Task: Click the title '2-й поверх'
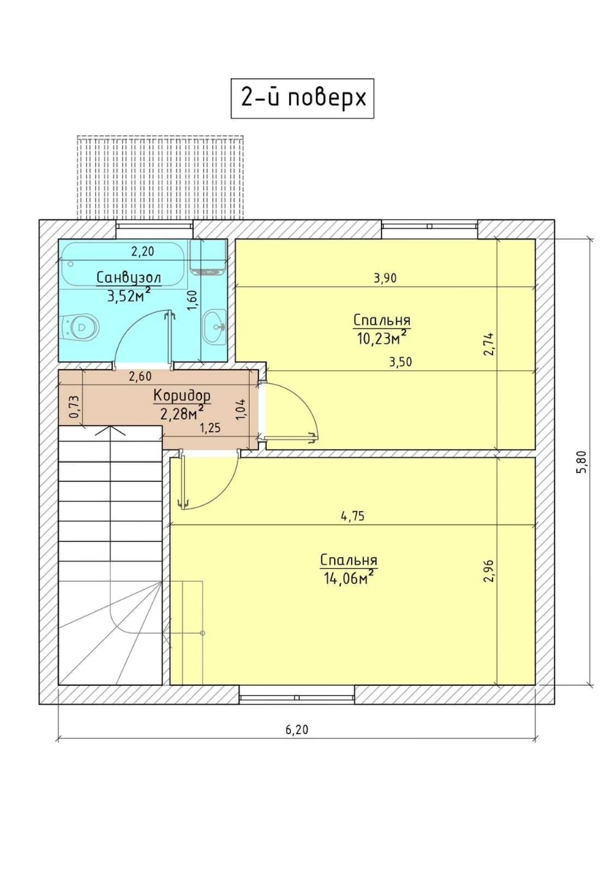(303, 99)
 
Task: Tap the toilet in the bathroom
(80, 326)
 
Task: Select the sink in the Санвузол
(214, 327)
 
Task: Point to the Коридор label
(182, 396)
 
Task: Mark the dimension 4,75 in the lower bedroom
(352, 516)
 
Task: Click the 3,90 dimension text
(385, 278)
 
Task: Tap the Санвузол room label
(129, 278)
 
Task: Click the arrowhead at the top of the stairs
(111, 430)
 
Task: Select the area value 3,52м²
(129, 296)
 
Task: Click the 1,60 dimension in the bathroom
(193, 301)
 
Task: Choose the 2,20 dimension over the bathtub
(143, 251)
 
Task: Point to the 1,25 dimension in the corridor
(210, 428)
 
